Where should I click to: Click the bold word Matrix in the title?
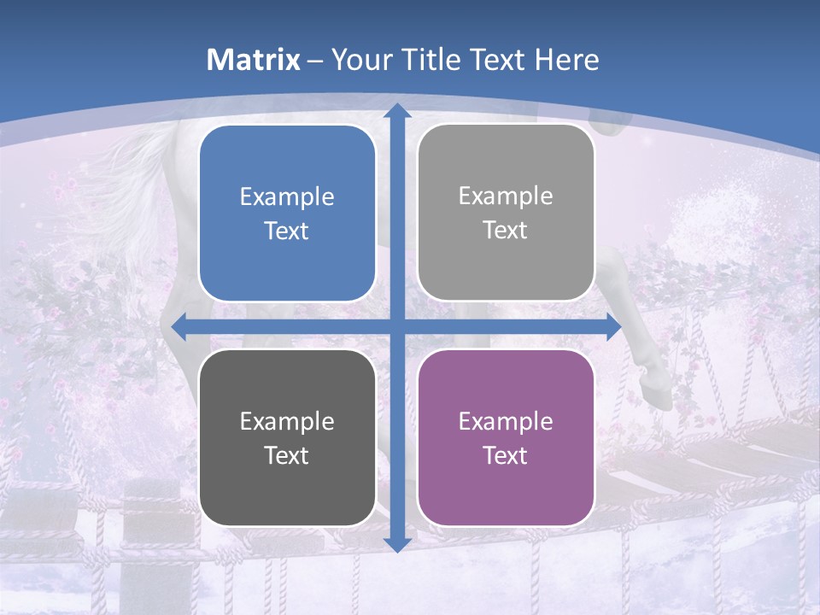click(254, 60)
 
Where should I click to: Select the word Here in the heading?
click(566, 60)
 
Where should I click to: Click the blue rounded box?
click(287, 214)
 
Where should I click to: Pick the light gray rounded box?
click(506, 213)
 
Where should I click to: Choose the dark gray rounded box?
click(287, 437)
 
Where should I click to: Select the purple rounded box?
click(506, 437)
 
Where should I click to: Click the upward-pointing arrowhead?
click(396, 111)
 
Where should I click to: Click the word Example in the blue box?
click(287, 197)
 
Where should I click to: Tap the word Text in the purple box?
click(506, 455)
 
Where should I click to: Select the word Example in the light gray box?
click(506, 196)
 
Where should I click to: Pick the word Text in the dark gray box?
click(287, 455)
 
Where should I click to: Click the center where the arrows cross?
click(396, 326)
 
